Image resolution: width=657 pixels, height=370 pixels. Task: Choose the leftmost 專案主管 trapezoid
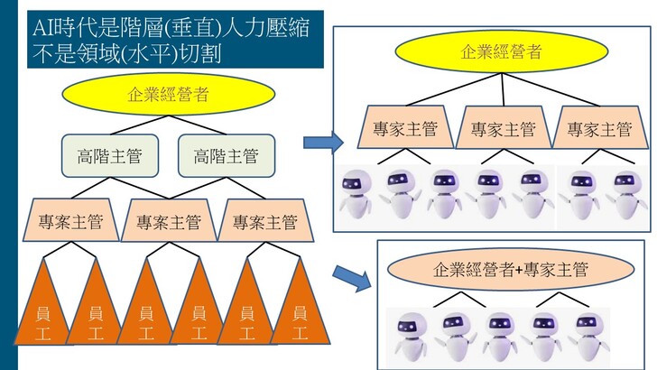(69, 219)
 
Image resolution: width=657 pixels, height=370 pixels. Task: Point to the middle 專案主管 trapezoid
(167, 220)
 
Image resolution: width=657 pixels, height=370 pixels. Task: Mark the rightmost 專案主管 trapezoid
(264, 219)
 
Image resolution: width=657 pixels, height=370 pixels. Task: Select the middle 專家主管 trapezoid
(503, 128)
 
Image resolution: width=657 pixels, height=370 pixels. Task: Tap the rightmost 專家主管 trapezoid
(599, 127)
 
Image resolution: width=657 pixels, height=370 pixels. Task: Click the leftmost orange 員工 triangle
(42, 307)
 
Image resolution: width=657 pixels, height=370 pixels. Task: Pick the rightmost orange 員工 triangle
(300, 307)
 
